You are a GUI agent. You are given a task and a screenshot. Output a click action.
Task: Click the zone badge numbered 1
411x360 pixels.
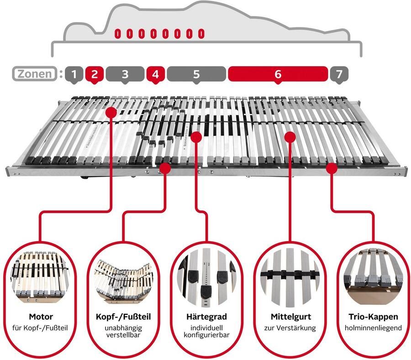pyautogui.click(x=74, y=74)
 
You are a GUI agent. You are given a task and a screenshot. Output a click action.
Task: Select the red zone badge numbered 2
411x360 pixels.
pyautogui.click(x=95, y=74)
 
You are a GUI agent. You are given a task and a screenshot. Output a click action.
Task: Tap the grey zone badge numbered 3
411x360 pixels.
pyautogui.click(x=125, y=74)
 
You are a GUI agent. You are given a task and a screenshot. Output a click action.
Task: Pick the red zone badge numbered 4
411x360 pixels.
pyautogui.click(x=156, y=74)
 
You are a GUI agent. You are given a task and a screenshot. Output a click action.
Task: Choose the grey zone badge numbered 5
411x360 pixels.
pyautogui.click(x=196, y=74)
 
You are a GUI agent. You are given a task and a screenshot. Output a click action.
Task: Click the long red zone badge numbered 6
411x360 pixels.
pyautogui.click(x=278, y=74)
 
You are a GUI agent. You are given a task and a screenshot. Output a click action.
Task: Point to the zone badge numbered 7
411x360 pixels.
pyautogui.click(x=339, y=74)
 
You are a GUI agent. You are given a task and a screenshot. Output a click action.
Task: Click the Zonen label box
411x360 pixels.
pyautogui.click(x=35, y=74)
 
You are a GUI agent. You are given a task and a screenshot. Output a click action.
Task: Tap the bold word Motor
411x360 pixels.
pyautogui.click(x=41, y=317)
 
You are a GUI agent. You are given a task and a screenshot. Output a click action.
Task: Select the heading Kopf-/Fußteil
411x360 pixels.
pyautogui.click(x=123, y=317)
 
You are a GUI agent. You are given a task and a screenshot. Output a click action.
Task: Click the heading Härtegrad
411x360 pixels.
pyautogui.click(x=206, y=317)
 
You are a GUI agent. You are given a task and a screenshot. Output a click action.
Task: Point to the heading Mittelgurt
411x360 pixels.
pyautogui.click(x=291, y=317)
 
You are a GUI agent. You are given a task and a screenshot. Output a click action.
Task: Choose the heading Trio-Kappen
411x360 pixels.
pyautogui.click(x=373, y=317)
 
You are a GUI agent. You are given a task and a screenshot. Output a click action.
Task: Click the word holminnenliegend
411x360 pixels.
pyautogui.click(x=373, y=328)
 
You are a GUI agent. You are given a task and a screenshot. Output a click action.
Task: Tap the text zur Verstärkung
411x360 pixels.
pyautogui.click(x=290, y=328)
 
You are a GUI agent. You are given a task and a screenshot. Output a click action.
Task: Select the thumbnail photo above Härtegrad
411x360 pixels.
pyautogui.click(x=206, y=278)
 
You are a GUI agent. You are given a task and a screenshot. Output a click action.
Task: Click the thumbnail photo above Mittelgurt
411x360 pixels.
pyautogui.click(x=290, y=277)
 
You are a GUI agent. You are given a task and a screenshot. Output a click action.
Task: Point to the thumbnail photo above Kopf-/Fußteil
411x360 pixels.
pyautogui.click(x=123, y=282)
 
